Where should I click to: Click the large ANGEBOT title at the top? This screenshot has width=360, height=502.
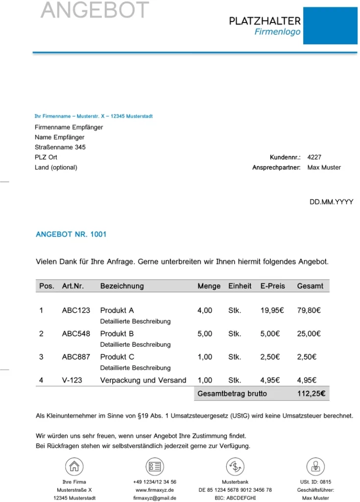pyautogui.click(x=95, y=10)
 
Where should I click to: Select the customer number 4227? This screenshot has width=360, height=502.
pyautogui.click(x=314, y=157)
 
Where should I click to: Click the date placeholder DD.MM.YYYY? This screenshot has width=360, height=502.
pyautogui.click(x=331, y=202)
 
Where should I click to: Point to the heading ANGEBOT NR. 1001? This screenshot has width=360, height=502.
pyautogui.click(x=71, y=234)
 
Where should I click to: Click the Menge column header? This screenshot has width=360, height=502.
pyautogui.click(x=209, y=286)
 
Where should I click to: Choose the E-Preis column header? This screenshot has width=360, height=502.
pyautogui.click(x=272, y=286)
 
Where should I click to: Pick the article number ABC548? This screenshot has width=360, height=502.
pyautogui.click(x=76, y=334)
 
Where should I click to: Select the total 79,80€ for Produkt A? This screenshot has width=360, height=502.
pyautogui.click(x=309, y=310)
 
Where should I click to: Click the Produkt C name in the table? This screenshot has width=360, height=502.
pyautogui.click(x=117, y=357)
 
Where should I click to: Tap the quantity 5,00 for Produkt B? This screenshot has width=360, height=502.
pyautogui.click(x=205, y=334)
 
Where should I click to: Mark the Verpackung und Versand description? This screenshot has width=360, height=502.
pyautogui.click(x=143, y=380)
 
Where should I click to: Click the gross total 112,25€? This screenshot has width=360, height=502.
pyautogui.click(x=312, y=393)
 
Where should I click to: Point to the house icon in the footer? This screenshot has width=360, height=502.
pyautogui.click(x=74, y=466)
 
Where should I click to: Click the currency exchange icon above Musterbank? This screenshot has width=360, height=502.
pyautogui.click(x=235, y=466)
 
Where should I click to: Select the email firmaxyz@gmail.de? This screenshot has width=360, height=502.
pyautogui.click(x=155, y=498)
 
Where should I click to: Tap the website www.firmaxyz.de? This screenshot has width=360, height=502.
pyautogui.click(x=155, y=490)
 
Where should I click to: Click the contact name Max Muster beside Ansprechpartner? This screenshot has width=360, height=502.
pyautogui.click(x=324, y=168)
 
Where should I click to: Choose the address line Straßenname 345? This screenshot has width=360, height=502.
pyautogui.click(x=60, y=147)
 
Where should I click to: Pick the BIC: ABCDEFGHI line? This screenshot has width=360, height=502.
pyautogui.click(x=235, y=498)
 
